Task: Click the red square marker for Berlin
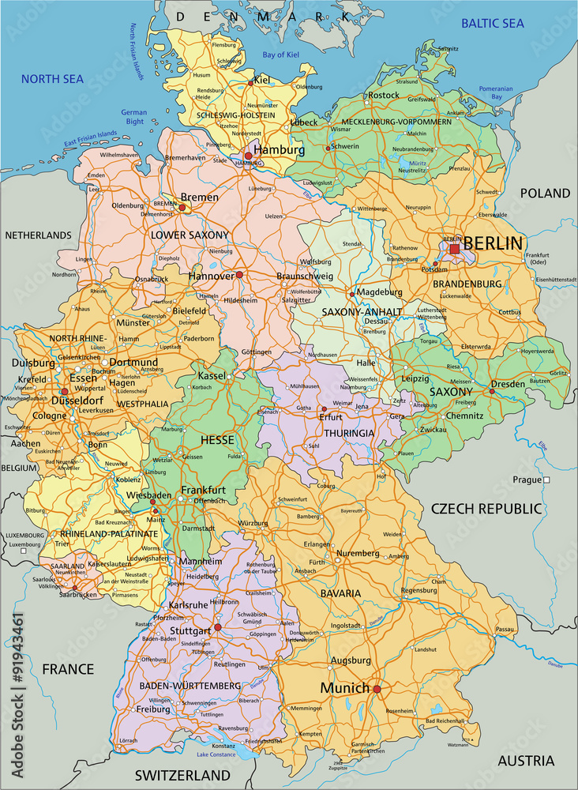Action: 455,249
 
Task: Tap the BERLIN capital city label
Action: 493,243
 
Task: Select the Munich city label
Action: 344,688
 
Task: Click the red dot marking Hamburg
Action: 248,156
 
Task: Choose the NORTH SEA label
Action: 52,79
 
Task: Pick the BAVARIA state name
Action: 340,592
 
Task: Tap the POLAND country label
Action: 544,193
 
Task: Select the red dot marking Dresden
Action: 491,391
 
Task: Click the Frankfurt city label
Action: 203,490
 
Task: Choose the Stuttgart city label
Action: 190,630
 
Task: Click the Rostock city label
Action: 384,96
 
